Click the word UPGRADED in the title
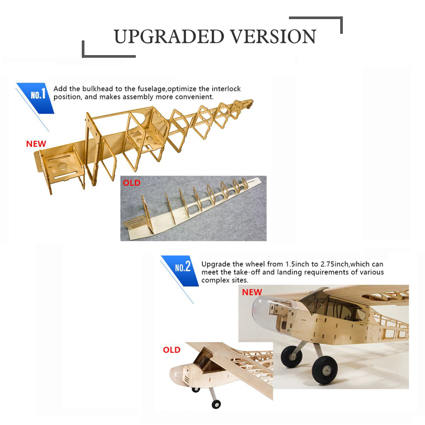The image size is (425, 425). point(169,37)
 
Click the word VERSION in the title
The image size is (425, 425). point(273,37)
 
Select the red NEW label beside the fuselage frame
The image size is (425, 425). point(36,144)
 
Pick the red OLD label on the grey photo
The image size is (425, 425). point(131,183)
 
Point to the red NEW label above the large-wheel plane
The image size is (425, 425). point(252,292)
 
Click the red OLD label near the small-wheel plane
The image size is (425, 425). point(172,350)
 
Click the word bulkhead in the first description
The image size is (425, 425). point(98,89)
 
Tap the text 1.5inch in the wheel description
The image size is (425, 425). point(297,264)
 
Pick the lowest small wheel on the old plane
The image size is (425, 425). point(216,404)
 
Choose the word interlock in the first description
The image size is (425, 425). point(226,89)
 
